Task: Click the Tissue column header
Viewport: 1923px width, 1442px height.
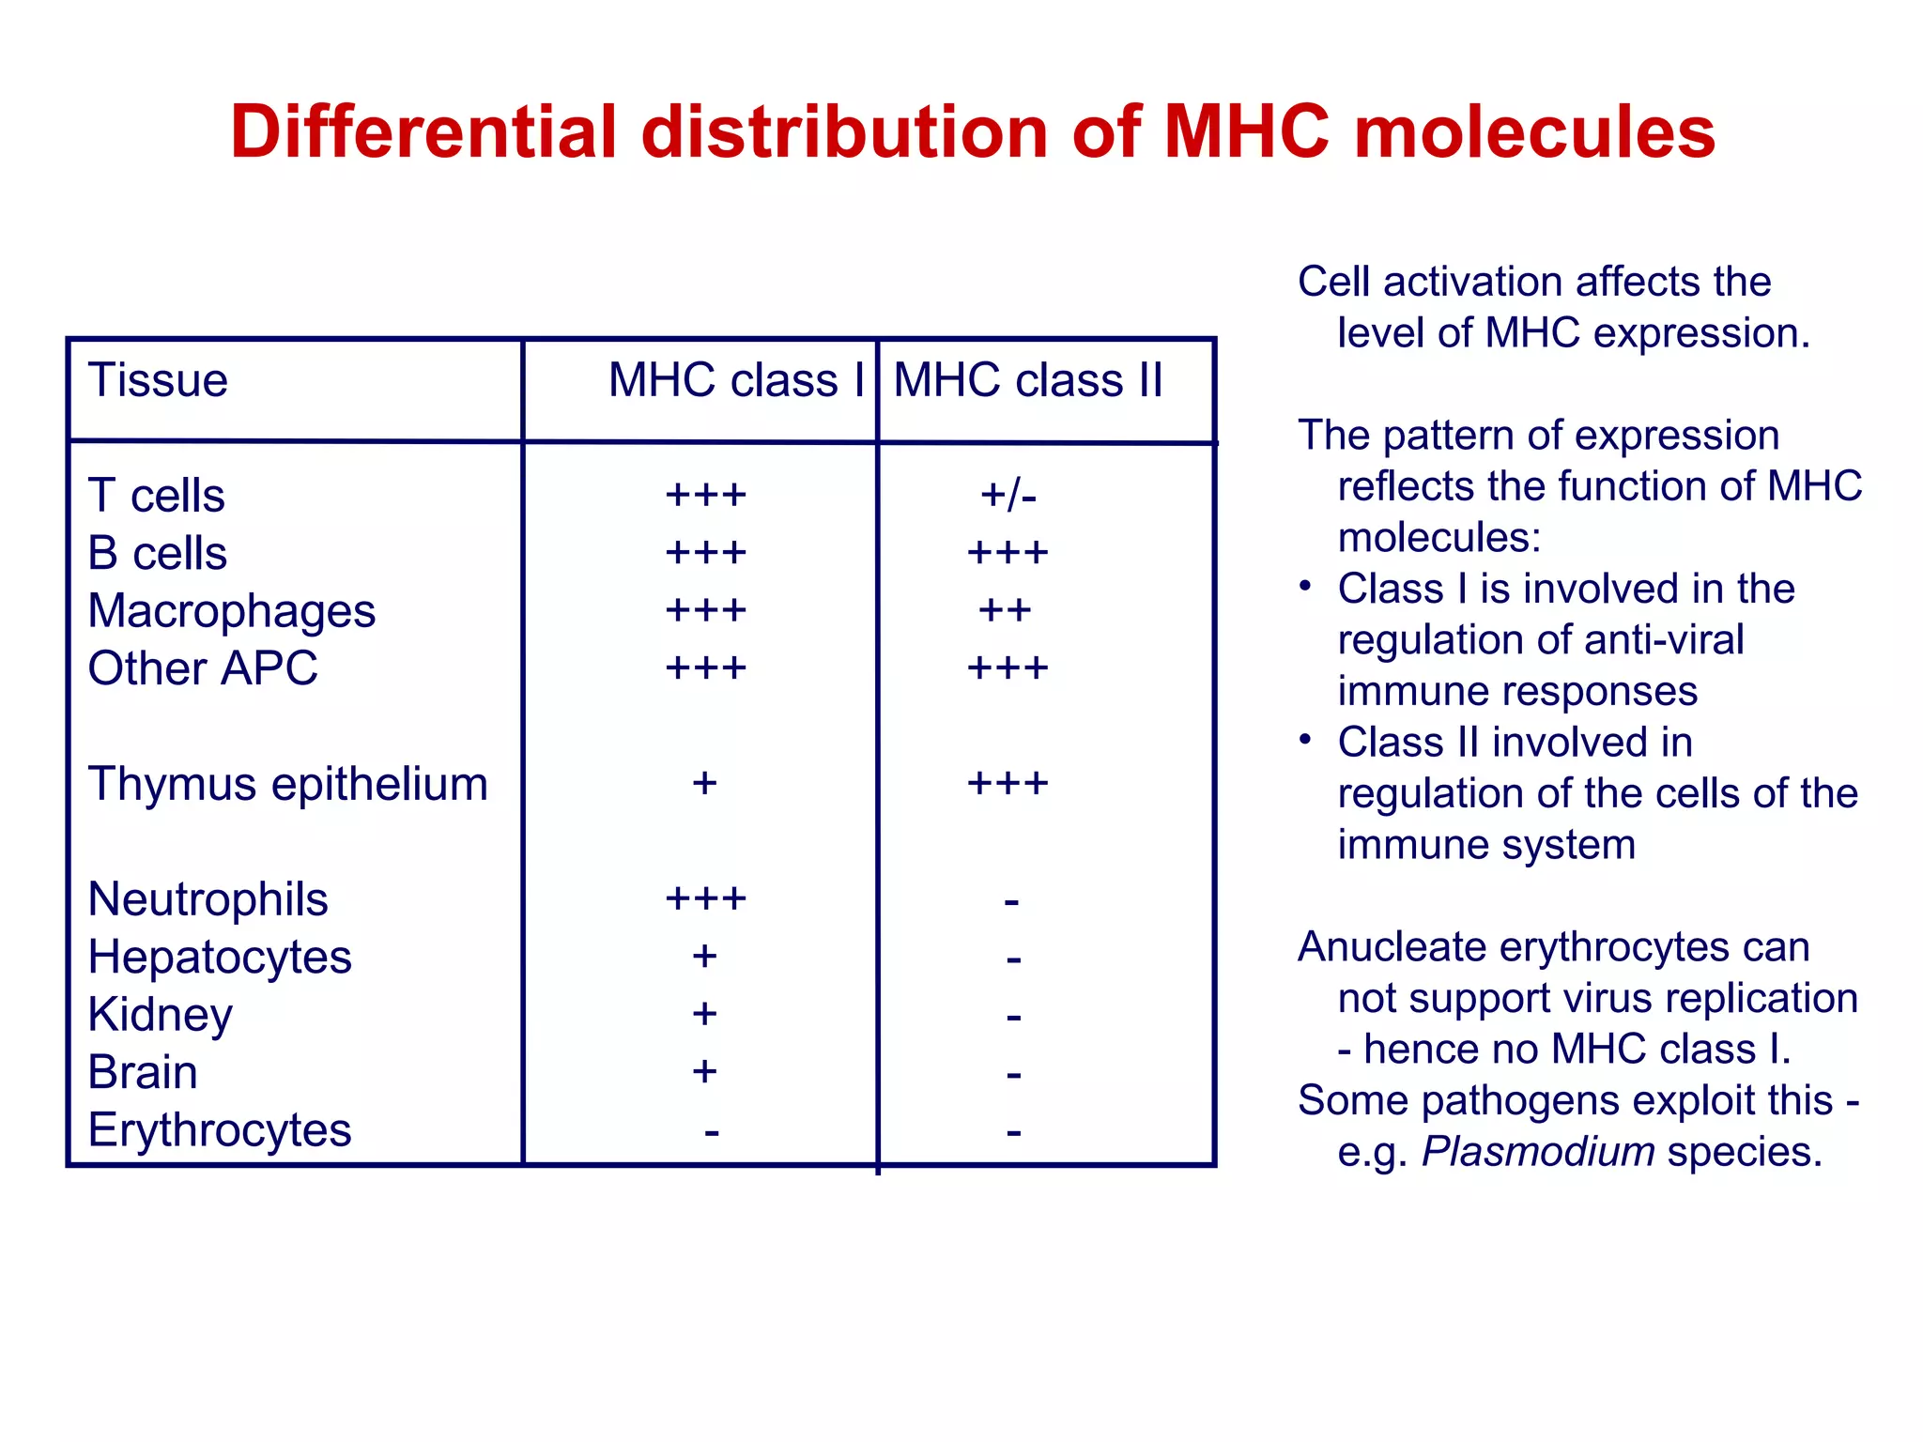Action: (158, 381)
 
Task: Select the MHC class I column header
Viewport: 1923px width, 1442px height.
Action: (735, 381)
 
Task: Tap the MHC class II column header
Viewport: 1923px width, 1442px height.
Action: (1027, 381)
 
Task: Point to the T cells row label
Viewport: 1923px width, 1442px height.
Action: (156, 496)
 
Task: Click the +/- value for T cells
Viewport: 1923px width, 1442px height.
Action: (1008, 496)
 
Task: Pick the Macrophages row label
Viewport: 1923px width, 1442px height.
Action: (231, 611)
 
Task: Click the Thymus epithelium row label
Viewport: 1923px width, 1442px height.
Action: (287, 784)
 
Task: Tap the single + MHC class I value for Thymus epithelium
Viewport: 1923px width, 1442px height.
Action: (704, 784)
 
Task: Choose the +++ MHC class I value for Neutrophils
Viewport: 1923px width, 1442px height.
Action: (705, 899)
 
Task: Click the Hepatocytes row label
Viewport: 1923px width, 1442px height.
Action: (220, 958)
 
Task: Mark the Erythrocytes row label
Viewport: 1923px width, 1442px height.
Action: (220, 1130)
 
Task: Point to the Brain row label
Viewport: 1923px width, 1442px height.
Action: (143, 1072)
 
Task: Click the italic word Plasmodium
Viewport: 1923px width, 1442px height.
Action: (1537, 1152)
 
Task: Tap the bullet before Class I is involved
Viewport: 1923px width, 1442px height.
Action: (1305, 587)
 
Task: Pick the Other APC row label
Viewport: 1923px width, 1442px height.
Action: (203, 668)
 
